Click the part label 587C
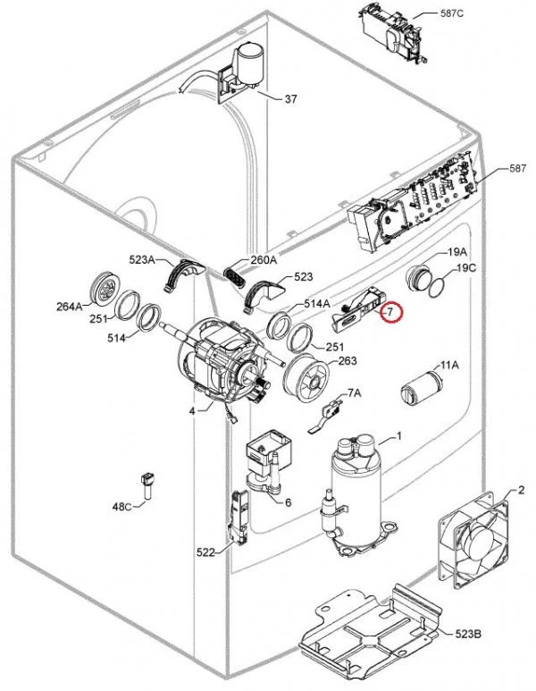[451, 13]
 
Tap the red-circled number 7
[389, 312]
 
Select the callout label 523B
[468, 634]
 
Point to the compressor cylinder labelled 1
[356, 493]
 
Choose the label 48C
[122, 506]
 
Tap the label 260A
[264, 260]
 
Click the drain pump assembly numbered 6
[268, 464]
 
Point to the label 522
[205, 552]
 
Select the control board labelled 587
[413, 204]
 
